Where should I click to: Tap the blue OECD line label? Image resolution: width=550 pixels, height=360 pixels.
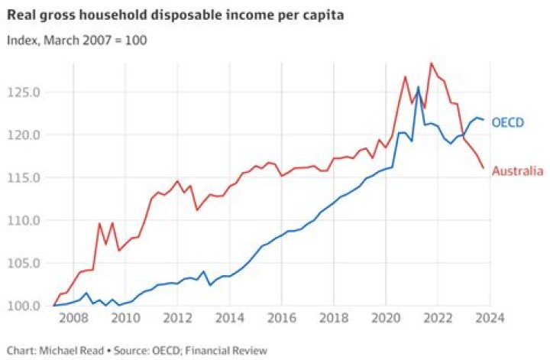(507, 122)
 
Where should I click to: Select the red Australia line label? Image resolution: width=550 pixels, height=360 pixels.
(517, 171)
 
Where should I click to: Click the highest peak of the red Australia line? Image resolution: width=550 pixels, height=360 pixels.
(432, 63)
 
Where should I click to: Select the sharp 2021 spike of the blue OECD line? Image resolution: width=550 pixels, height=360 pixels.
(418, 87)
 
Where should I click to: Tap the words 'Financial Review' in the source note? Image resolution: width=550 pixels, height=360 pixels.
(231, 350)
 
